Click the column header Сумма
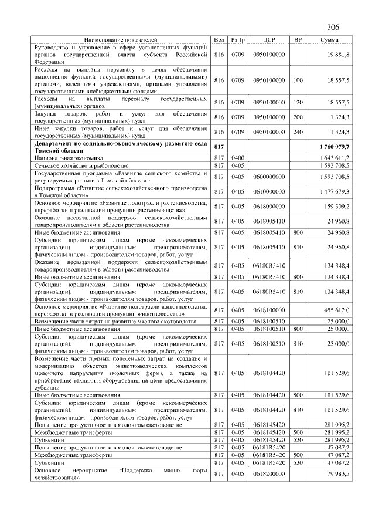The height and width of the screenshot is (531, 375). (x=329, y=40)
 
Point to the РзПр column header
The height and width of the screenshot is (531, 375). (x=238, y=40)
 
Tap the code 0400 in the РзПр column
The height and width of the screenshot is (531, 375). (x=238, y=158)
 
